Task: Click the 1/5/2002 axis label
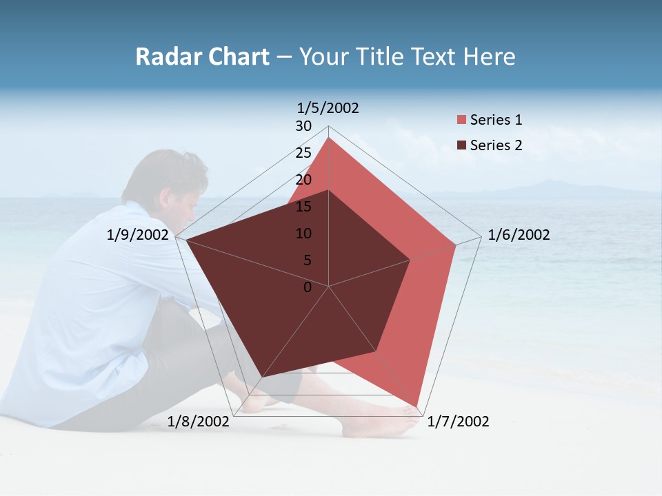(328, 108)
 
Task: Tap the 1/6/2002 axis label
(519, 235)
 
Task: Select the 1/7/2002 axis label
(458, 422)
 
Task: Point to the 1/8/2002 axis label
(199, 422)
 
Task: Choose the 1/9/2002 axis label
(138, 235)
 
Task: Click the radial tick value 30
(303, 126)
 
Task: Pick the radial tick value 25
(303, 153)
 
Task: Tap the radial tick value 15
(303, 207)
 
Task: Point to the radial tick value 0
(308, 287)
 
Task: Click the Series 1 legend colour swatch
(461, 121)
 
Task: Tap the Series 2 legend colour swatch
(461, 145)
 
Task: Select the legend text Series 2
(496, 145)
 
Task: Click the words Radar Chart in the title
(202, 57)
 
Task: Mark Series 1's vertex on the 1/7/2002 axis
(417, 406)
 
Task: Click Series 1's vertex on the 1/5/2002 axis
(329, 138)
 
